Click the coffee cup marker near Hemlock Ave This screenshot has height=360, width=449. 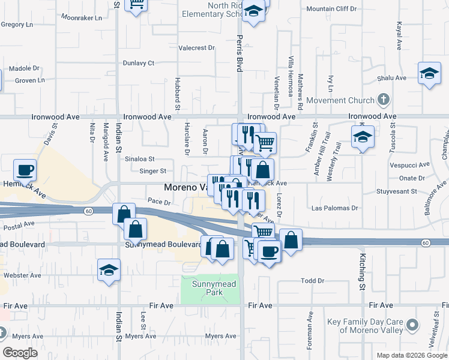(x=25, y=169)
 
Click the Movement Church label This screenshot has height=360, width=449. (x=339, y=100)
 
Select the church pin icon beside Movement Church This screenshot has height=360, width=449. (x=383, y=100)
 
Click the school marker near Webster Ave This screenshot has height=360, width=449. (x=109, y=270)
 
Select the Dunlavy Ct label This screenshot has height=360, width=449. (x=139, y=62)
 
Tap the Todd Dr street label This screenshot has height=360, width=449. (x=312, y=281)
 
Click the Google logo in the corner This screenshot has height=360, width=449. (x=20, y=353)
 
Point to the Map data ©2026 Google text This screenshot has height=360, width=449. (x=412, y=355)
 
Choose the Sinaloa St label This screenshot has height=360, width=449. (x=139, y=159)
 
